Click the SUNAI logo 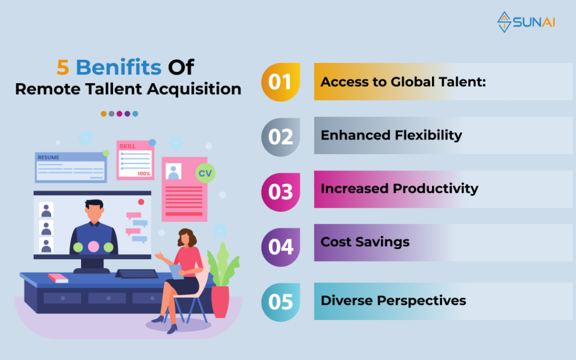pos(526,22)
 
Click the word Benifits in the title pos(118,67)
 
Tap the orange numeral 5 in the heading pos(63,67)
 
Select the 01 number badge pos(281,82)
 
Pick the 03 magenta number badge pos(281,192)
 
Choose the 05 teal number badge pos(281,302)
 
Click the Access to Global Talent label pos(403,82)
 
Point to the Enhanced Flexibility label pos(391,135)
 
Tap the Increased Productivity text pos(399,188)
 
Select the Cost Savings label pos(364,242)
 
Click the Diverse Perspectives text pos(393,300)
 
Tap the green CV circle pos(205,173)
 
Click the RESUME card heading pos(48,157)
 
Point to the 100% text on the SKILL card pos(143,173)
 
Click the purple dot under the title pos(127,114)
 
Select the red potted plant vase pos(220,302)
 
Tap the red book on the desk pos(58,278)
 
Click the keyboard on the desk pos(137,274)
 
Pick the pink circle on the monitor pos(93,246)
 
